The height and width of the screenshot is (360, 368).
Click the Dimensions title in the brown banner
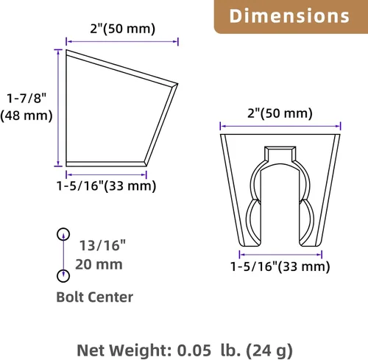click(x=289, y=16)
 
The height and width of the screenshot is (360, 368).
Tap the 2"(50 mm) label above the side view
click(x=123, y=29)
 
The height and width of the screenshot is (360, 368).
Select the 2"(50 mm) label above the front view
click(x=280, y=113)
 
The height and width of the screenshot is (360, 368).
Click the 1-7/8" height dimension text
click(x=26, y=99)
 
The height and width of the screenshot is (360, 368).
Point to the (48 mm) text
click(x=26, y=116)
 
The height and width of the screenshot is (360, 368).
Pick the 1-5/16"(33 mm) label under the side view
click(x=106, y=186)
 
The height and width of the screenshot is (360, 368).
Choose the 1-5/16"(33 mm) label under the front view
click(x=280, y=267)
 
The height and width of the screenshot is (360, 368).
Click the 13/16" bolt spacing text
click(x=102, y=245)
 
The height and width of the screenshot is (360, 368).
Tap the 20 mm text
click(x=99, y=264)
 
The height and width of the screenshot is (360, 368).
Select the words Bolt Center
click(x=95, y=297)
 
